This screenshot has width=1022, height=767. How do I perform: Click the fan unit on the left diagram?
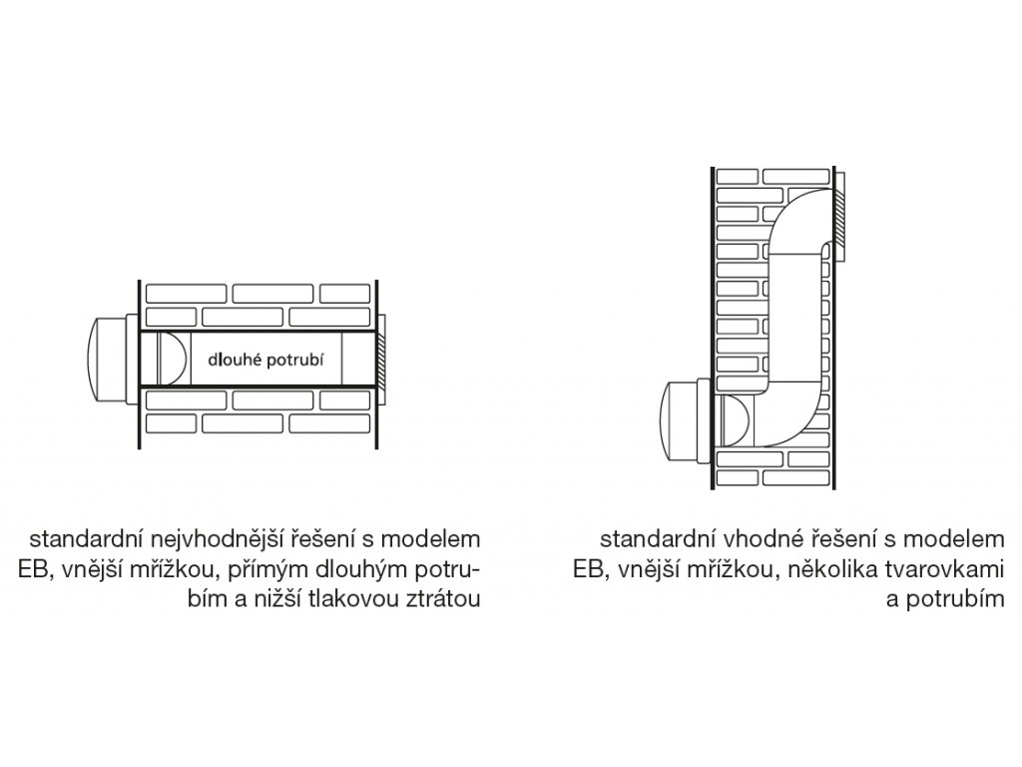tap(106, 358)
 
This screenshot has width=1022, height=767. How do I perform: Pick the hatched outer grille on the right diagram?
tap(840, 221)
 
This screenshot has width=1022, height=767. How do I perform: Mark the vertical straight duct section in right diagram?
tap(796, 320)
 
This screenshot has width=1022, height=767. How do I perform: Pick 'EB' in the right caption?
tap(586, 569)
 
